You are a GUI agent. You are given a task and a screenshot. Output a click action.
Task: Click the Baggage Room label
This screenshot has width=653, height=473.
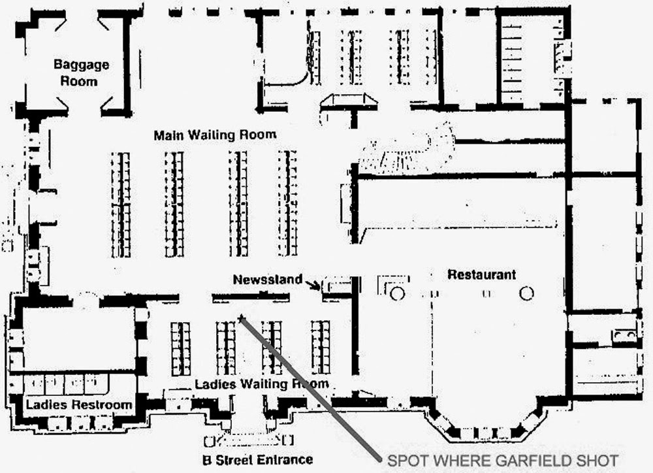pyautogui.click(x=81, y=73)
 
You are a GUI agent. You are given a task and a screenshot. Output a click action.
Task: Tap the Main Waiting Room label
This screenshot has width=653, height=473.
pyautogui.click(x=215, y=135)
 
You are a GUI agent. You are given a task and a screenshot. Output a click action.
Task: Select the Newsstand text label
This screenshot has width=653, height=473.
pyautogui.click(x=268, y=280)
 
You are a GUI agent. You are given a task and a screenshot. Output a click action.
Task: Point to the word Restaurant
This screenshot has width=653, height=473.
pyautogui.click(x=481, y=274)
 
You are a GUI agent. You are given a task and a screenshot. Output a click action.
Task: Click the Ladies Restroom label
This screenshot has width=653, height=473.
pyautogui.click(x=79, y=405)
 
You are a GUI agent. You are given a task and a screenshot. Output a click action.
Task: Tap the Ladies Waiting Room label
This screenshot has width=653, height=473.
pyautogui.click(x=262, y=383)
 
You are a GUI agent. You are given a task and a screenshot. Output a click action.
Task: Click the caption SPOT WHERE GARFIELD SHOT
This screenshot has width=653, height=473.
pyautogui.click(x=502, y=460)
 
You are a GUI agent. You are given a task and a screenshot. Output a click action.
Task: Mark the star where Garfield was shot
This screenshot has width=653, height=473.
pyautogui.click(x=242, y=318)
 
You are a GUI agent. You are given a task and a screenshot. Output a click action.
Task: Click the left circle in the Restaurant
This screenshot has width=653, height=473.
pyautogui.click(x=398, y=293)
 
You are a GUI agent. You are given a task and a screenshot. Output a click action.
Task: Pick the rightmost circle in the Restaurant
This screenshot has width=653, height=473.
pyautogui.click(x=527, y=293)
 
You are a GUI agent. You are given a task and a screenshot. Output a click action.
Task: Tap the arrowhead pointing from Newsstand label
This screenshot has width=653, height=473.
pyautogui.click(x=318, y=285)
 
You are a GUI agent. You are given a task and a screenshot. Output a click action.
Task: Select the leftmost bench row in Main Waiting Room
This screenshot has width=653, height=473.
pyautogui.click(x=120, y=204)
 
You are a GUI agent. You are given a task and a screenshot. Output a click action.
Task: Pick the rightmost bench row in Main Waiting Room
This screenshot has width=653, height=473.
pyautogui.click(x=288, y=204)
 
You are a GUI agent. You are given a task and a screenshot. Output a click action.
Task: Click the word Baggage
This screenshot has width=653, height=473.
pyautogui.click(x=81, y=65)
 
